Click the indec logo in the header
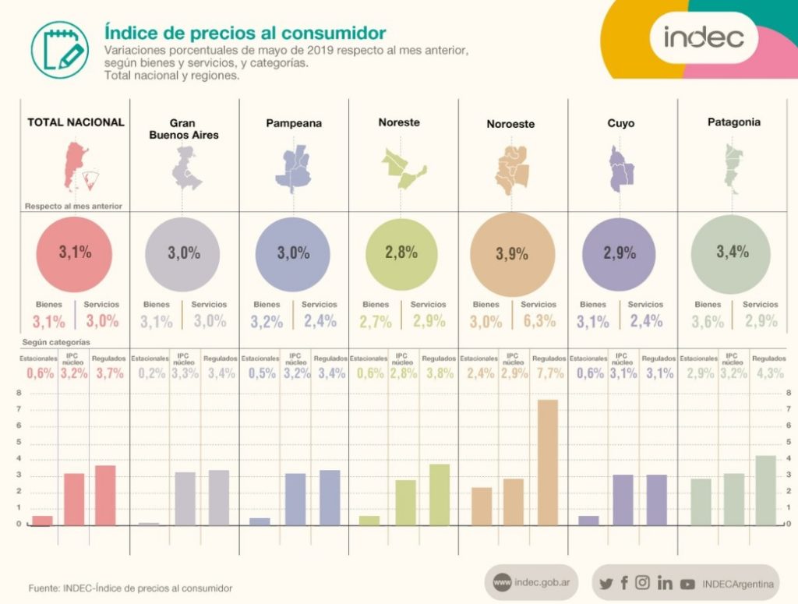(704, 37)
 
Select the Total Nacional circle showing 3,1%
(75, 252)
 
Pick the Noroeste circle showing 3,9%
(512, 253)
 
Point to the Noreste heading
(399, 122)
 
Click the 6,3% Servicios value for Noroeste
(538, 321)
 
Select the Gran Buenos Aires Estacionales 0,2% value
(152, 373)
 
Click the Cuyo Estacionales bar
(589, 520)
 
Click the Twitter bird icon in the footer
(606, 583)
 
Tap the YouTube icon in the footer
(687, 583)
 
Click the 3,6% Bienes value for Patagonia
(708, 321)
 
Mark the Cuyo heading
(620, 123)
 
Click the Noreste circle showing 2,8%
(401, 252)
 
